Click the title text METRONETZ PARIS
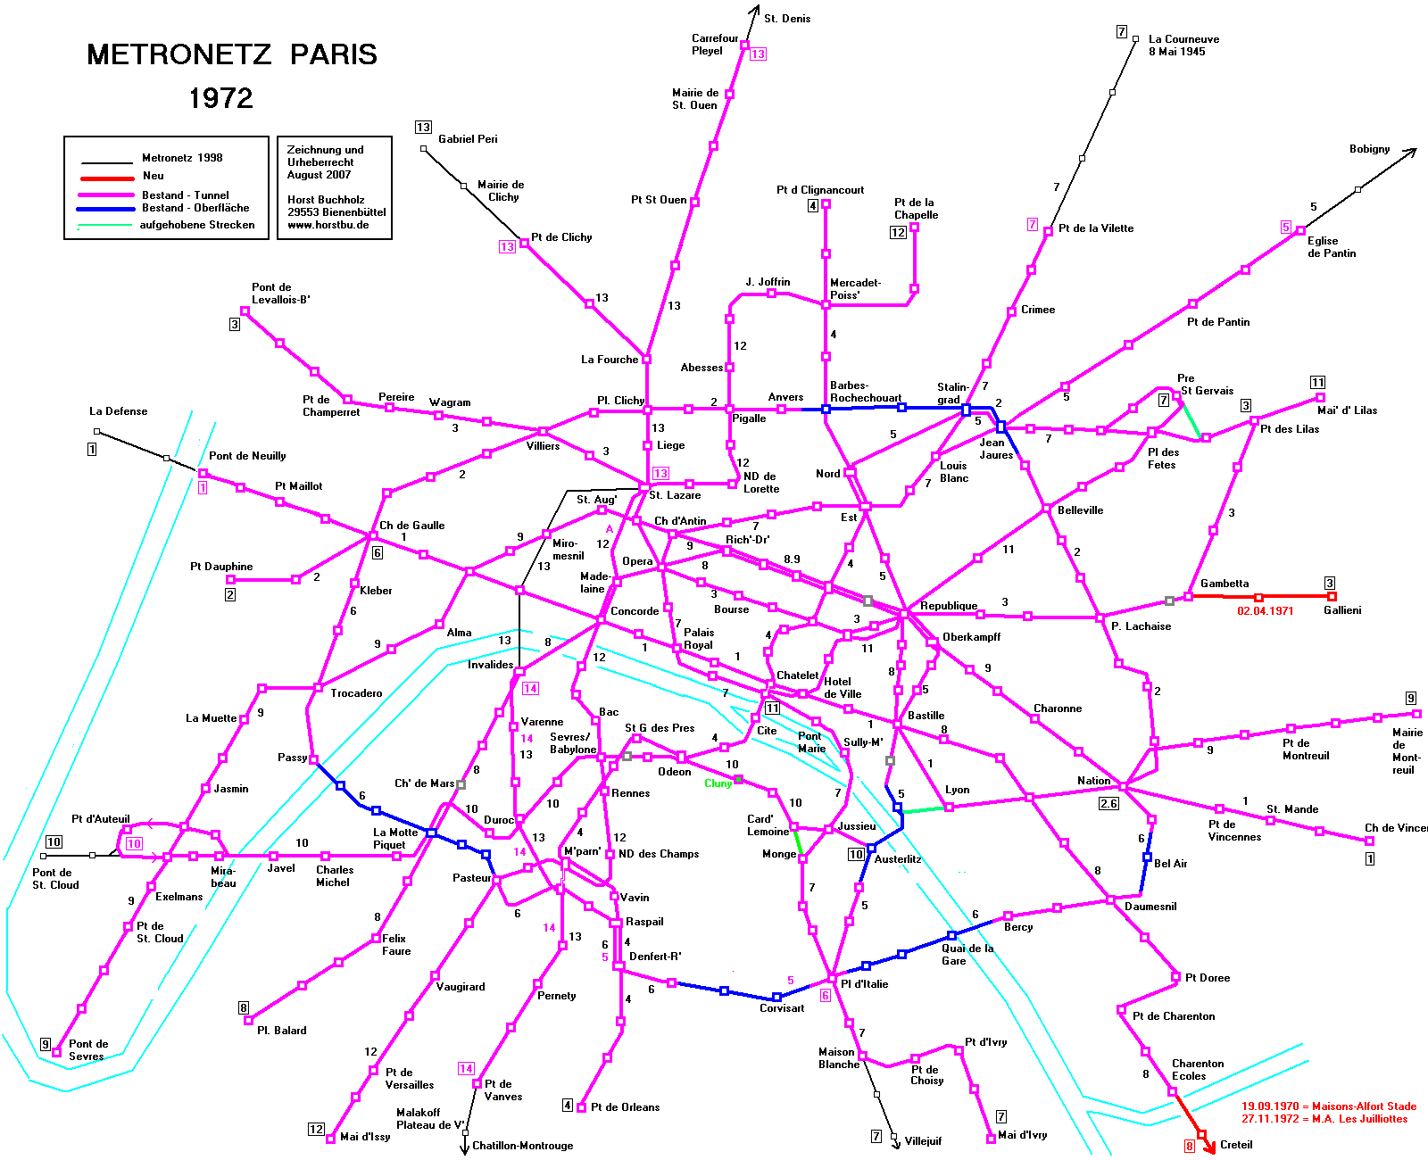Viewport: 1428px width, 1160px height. point(232,54)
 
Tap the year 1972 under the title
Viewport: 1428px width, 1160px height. point(221,98)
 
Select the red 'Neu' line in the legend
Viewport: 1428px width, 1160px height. point(106,178)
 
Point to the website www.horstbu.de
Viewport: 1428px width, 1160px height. point(328,225)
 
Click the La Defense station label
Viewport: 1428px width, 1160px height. point(118,410)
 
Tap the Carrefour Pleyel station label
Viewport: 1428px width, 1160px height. point(715,45)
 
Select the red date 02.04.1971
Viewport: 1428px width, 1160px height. point(1265,610)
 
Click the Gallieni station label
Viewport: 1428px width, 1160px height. point(1342,609)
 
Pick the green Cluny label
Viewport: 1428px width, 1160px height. point(718,783)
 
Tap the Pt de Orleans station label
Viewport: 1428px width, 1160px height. point(625,1107)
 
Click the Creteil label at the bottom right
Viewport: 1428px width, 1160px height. point(1235,1145)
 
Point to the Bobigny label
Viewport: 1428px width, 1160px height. point(1369,149)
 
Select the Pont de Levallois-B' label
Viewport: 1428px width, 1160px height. point(281,294)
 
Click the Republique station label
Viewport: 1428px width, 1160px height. point(949,606)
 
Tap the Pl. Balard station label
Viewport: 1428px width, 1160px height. point(281,1030)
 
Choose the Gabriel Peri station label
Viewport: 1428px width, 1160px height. point(468,138)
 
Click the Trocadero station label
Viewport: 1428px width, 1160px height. point(356,693)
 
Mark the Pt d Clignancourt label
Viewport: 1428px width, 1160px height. point(820,190)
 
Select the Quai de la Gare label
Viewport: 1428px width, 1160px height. point(967,954)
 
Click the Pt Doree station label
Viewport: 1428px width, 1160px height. point(1208,978)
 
